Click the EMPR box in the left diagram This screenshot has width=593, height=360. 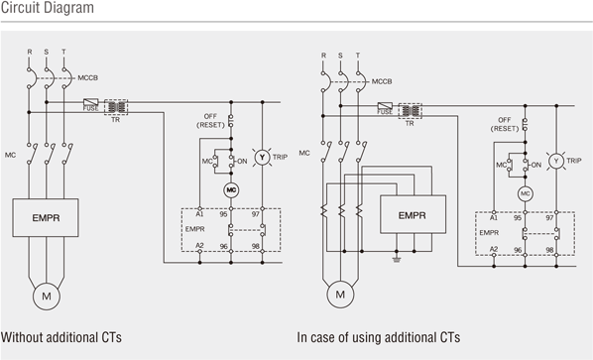tap(46, 218)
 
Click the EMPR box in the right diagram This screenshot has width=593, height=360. tap(413, 214)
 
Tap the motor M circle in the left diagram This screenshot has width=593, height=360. tap(47, 297)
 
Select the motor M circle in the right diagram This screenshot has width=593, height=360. tap(340, 295)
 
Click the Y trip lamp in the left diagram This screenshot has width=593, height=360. tap(262, 158)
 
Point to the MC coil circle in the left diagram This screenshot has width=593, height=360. tap(231, 190)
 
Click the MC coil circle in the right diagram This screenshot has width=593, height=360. tap(525, 194)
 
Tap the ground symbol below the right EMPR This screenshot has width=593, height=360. tap(397, 259)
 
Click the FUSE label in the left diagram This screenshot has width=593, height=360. tap(91, 108)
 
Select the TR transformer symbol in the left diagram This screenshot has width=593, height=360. tap(116, 107)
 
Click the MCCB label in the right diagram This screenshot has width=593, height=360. tap(382, 81)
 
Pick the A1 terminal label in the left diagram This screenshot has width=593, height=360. tap(199, 214)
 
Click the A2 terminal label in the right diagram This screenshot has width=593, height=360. tap(494, 249)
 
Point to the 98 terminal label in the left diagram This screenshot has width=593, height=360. tap(256, 246)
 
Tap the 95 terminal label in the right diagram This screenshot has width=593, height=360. tap(518, 218)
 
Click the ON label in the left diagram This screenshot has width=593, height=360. tap(242, 161)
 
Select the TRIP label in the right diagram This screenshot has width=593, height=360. tap(574, 161)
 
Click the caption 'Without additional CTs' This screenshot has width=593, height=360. tap(61, 337)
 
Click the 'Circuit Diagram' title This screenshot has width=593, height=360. tap(48, 8)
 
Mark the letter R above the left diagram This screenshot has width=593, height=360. tap(30, 52)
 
